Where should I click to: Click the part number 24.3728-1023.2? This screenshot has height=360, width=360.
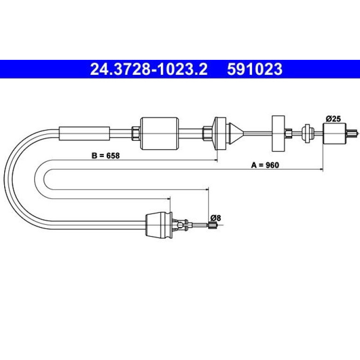(x=149, y=69)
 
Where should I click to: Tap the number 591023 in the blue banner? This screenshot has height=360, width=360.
(x=255, y=69)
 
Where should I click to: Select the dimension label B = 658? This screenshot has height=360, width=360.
(x=106, y=156)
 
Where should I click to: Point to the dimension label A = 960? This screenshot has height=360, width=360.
(x=265, y=165)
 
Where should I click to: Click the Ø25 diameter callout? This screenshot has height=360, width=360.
(x=333, y=119)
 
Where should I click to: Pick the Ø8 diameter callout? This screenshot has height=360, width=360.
(x=216, y=218)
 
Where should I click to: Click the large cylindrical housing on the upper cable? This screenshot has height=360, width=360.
(x=159, y=134)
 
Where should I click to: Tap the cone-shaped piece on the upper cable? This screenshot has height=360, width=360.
(x=236, y=133)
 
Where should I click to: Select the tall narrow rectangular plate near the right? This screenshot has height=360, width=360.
(x=278, y=133)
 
